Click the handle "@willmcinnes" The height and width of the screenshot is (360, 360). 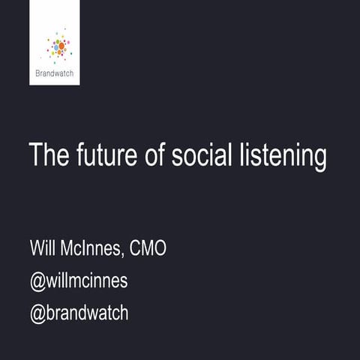79,280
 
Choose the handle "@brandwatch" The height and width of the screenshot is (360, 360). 79,313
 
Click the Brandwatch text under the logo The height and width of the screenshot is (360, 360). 55,73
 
